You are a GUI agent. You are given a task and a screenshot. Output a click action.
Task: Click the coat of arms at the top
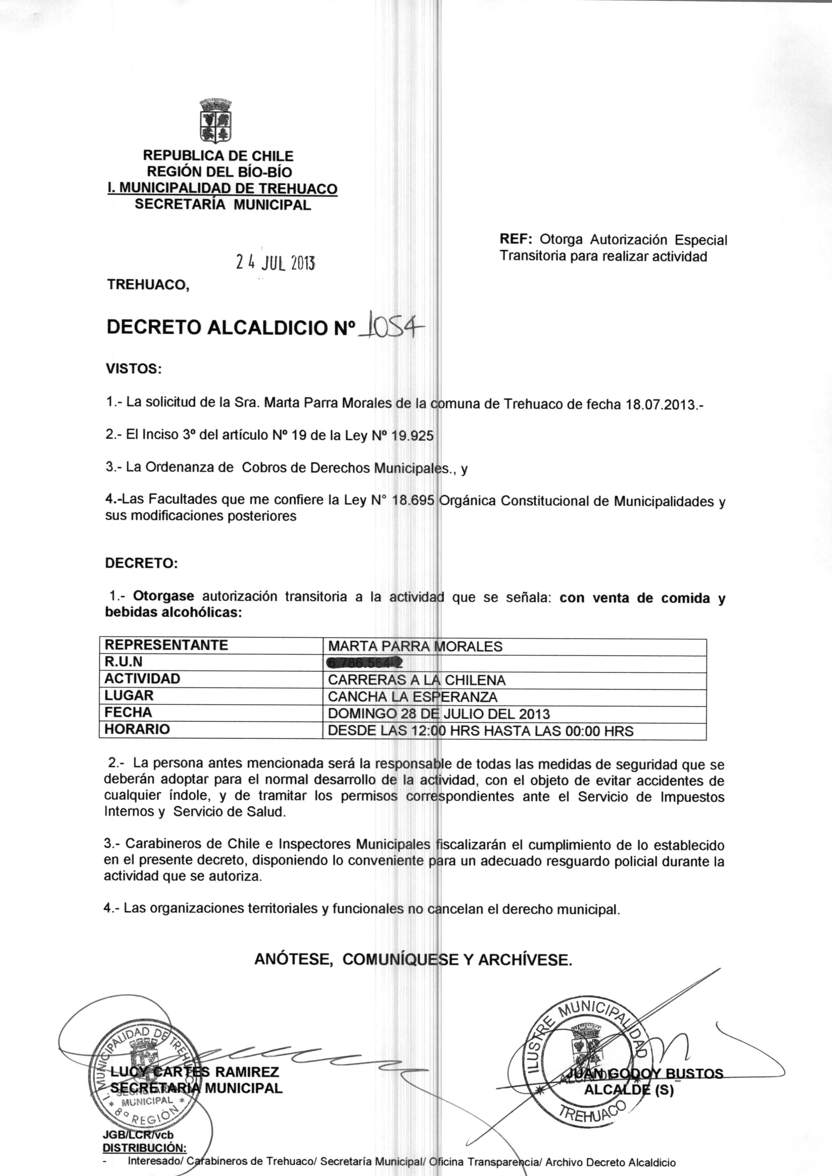[215, 121]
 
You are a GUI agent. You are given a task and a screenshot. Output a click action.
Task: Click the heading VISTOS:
[133, 369]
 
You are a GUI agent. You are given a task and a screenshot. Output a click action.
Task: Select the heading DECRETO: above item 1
[141, 563]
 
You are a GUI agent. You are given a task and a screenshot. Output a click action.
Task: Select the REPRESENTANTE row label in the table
[166, 645]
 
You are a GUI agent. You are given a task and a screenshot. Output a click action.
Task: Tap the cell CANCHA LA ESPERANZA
[412, 697]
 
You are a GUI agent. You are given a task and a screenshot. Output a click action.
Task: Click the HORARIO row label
[137, 729]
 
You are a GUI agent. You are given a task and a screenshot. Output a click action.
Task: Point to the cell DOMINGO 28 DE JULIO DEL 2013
[438, 714]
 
